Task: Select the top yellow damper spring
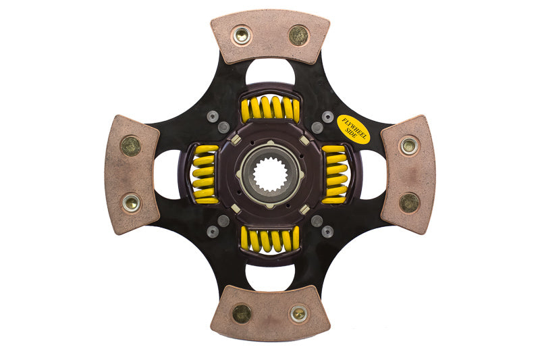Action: pyautogui.click(x=270, y=109)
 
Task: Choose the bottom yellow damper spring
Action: pyautogui.click(x=270, y=239)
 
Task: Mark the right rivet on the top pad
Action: pyautogui.click(x=298, y=35)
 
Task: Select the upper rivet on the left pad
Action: pyautogui.click(x=130, y=145)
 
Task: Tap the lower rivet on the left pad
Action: pyautogui.click(x=131, y=202)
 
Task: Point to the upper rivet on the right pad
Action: pyautogui.click(x=408, y=145)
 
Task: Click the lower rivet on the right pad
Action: pyautogui.click(x=409, y=203)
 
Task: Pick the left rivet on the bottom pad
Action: pyautogui.click(x=241, y=313)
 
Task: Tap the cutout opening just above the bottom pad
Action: pyautogui.click(x=270, y=276)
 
